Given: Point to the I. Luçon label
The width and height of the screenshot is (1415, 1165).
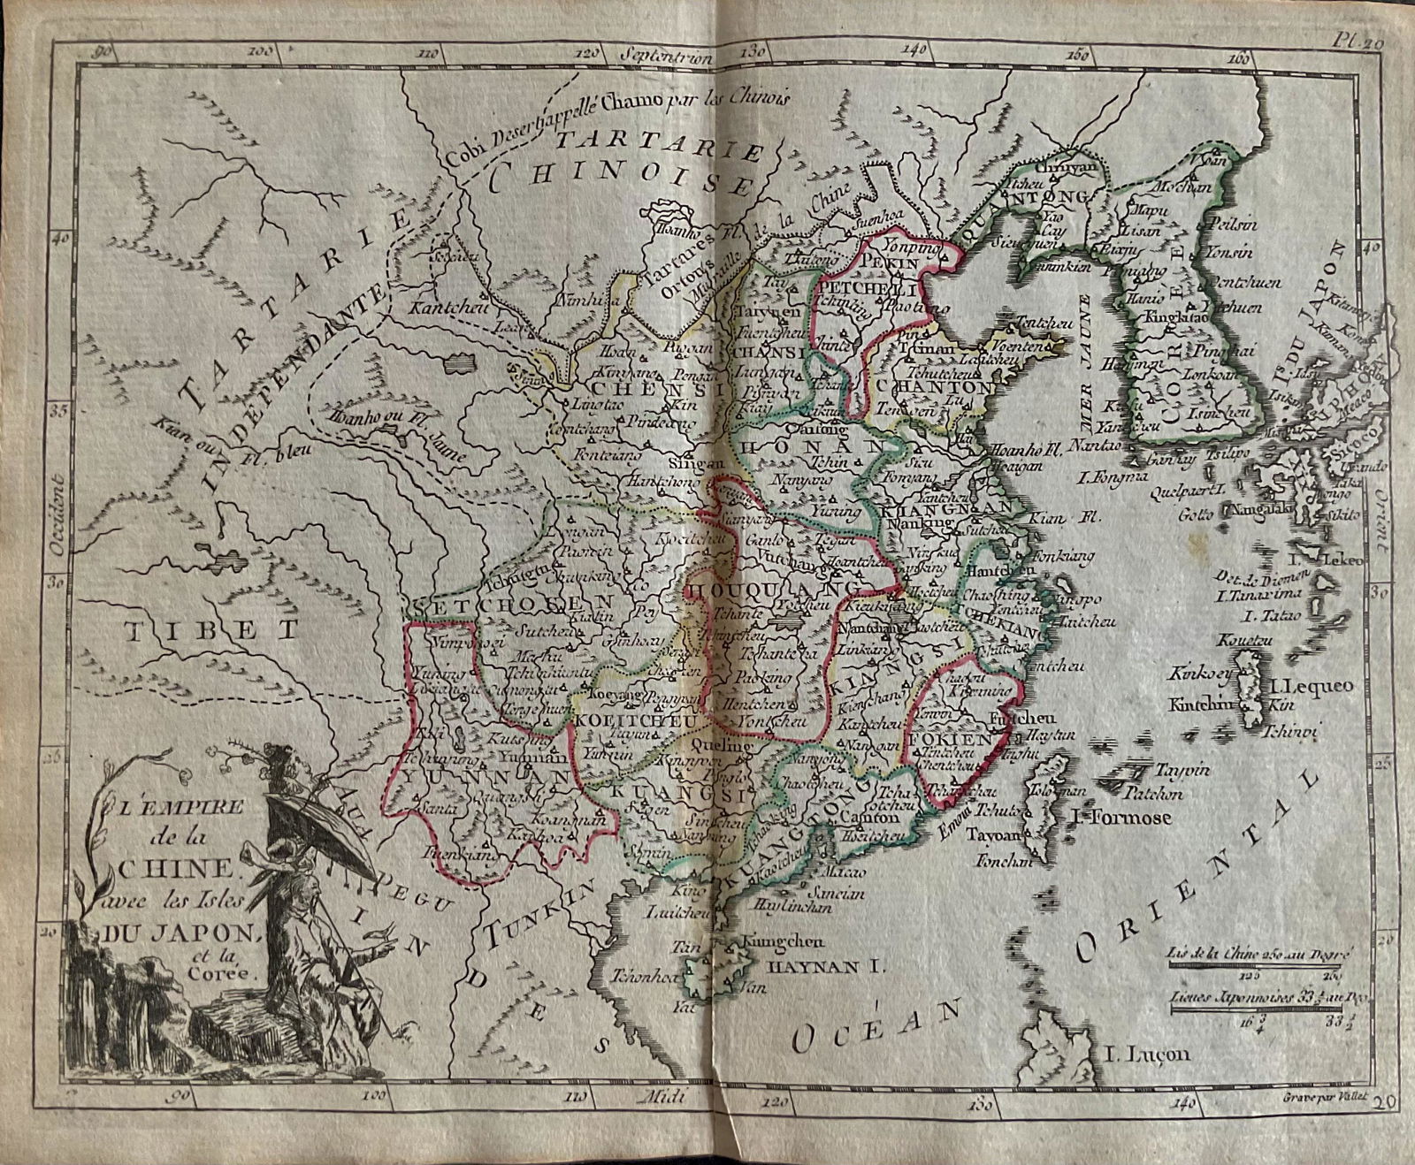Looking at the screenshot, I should (x=1148, y=1054).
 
